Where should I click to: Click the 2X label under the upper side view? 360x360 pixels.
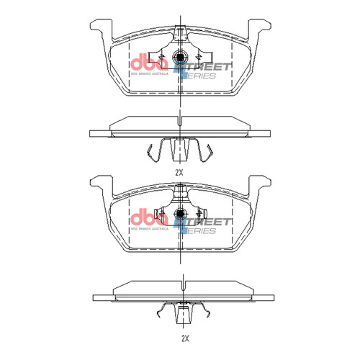tap(179, 173)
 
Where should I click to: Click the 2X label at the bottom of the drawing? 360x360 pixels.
tap(184, 337)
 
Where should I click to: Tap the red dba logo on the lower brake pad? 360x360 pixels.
tap(148, 217)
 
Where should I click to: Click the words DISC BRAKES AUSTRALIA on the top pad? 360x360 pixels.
tap(148, 73)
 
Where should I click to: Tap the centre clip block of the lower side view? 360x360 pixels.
tap(184, 313)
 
